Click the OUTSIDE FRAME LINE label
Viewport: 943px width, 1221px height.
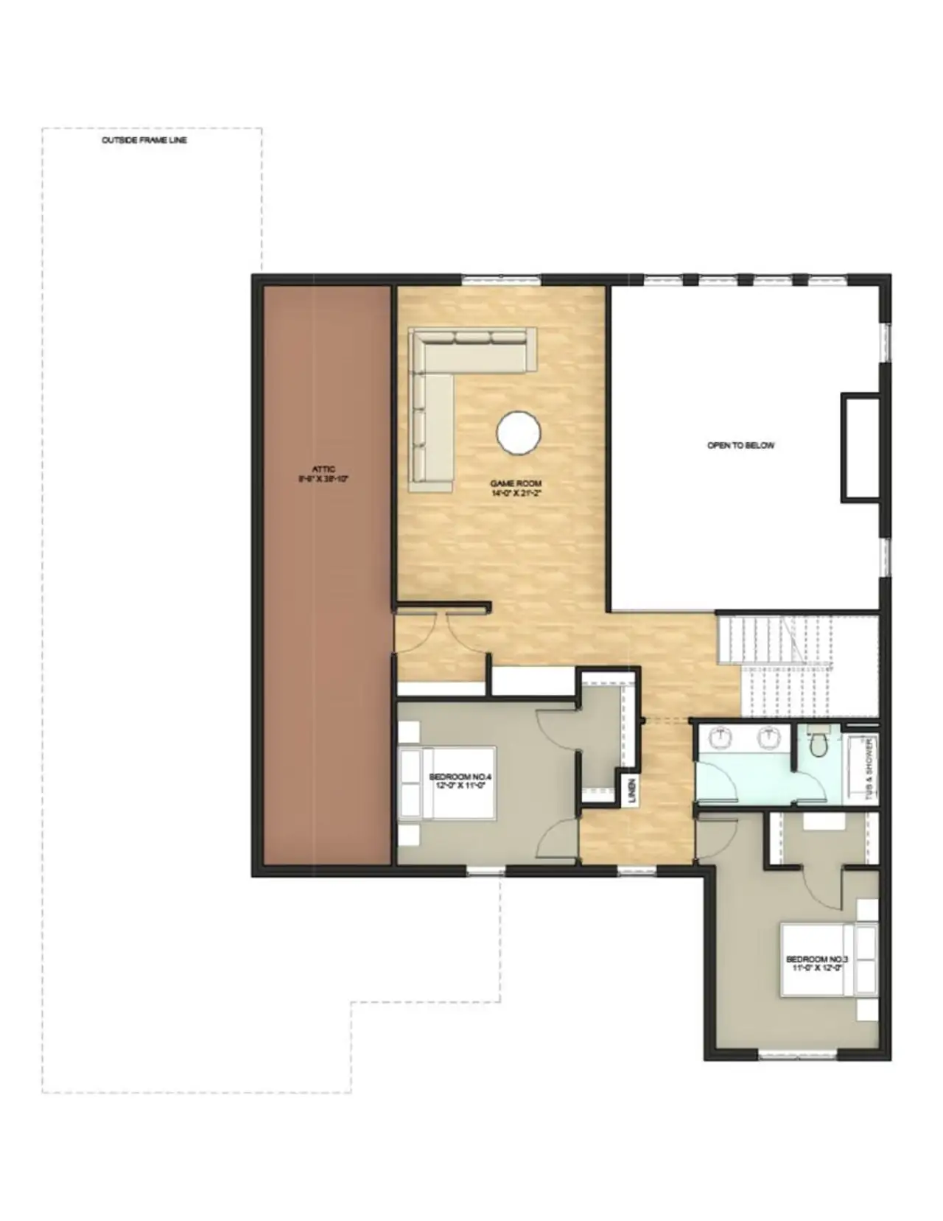coord(144,140)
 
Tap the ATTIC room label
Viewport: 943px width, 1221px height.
coord(323,473)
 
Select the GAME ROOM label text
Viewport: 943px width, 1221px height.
coord(516,488)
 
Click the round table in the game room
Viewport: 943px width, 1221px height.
coord(519,433)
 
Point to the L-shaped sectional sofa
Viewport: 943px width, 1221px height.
coord(442,383)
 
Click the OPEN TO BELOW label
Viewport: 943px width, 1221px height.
coord(740,446)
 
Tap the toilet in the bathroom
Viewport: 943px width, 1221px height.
coord(818,744)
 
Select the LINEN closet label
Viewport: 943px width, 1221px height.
coord(632,791)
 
